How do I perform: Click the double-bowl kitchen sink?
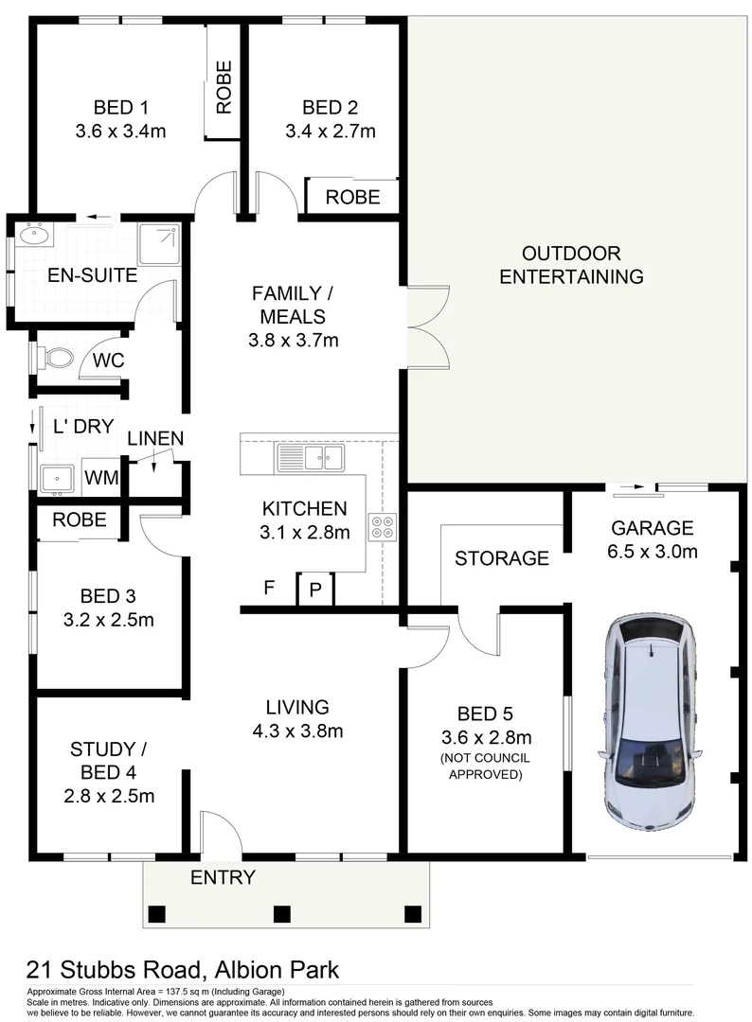(310, 460)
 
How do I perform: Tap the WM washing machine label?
(101, 479)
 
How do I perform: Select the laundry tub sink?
(58, 479)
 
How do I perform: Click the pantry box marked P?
(315, 590)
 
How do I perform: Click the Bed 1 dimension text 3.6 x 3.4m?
(120, 132)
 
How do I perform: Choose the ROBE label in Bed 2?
(352, 197)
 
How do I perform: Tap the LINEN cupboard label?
(155, 438)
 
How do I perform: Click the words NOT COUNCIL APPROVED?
(484, 766)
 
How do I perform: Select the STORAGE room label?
(501, 558)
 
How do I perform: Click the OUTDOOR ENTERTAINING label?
(571, 265)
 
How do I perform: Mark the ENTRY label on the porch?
(223, 877)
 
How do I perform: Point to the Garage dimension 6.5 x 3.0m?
(653, 552)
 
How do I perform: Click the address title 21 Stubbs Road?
(114, 970)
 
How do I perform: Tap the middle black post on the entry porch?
(280, 914)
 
